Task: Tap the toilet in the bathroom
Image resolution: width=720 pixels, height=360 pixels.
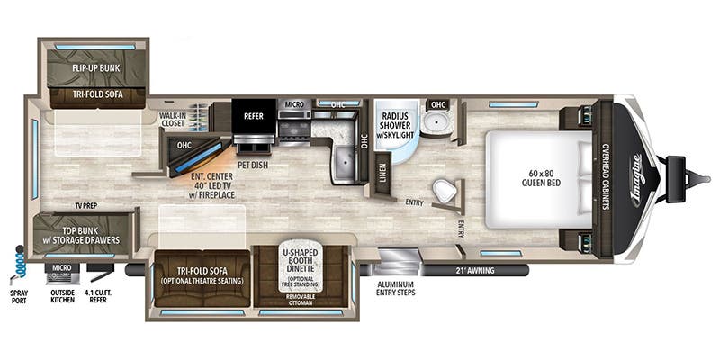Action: pos(444,191)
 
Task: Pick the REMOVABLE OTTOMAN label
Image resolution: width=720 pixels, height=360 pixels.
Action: pos(301,296)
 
